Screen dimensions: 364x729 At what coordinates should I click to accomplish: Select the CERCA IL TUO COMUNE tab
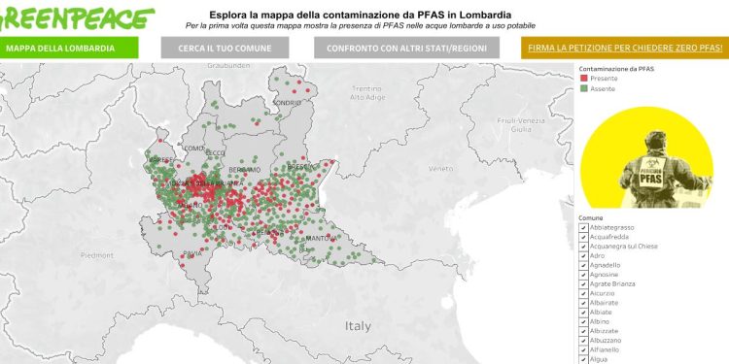(x=224, y=48)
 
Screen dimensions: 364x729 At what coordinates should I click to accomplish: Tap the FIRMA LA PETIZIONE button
(x=625, y=48)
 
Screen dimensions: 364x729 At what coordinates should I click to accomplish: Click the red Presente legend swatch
(x=583, y=79)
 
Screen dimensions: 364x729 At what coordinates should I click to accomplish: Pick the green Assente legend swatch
(x=583, y=88)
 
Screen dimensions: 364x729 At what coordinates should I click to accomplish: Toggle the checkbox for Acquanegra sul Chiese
(x=582, y=246)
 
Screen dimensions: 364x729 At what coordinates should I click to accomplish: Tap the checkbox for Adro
(x=582, y=255)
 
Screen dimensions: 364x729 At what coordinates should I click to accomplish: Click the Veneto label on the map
(x=441, y=169)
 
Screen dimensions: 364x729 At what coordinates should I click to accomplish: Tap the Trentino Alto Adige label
(x=369, y=93)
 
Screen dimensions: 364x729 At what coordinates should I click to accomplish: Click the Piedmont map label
(x=97, y=255)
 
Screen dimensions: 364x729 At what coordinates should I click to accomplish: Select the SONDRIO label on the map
(x=288, y=102)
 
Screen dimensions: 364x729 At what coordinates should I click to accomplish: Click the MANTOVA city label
(x=321, y=238)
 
